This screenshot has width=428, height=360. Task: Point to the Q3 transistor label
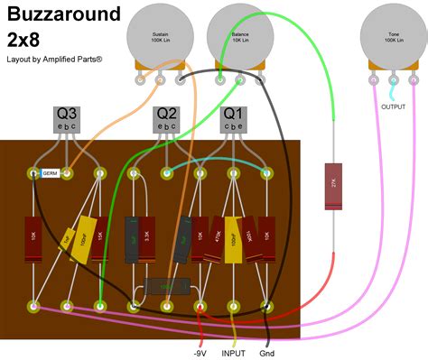click(x=68, y=115)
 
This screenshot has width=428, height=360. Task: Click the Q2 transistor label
click(x=167, y=115)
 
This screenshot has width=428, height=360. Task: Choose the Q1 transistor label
click(x=234, y=115)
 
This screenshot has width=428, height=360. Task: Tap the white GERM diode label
click(x=50, y=172)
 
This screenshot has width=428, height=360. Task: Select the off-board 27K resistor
click(x=333, y=184)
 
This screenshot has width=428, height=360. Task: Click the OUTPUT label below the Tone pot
click(x=393, y=106)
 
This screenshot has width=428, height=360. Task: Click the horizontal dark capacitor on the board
click(x=167, y=286)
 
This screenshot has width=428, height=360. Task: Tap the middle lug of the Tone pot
click(x=393, y=81)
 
